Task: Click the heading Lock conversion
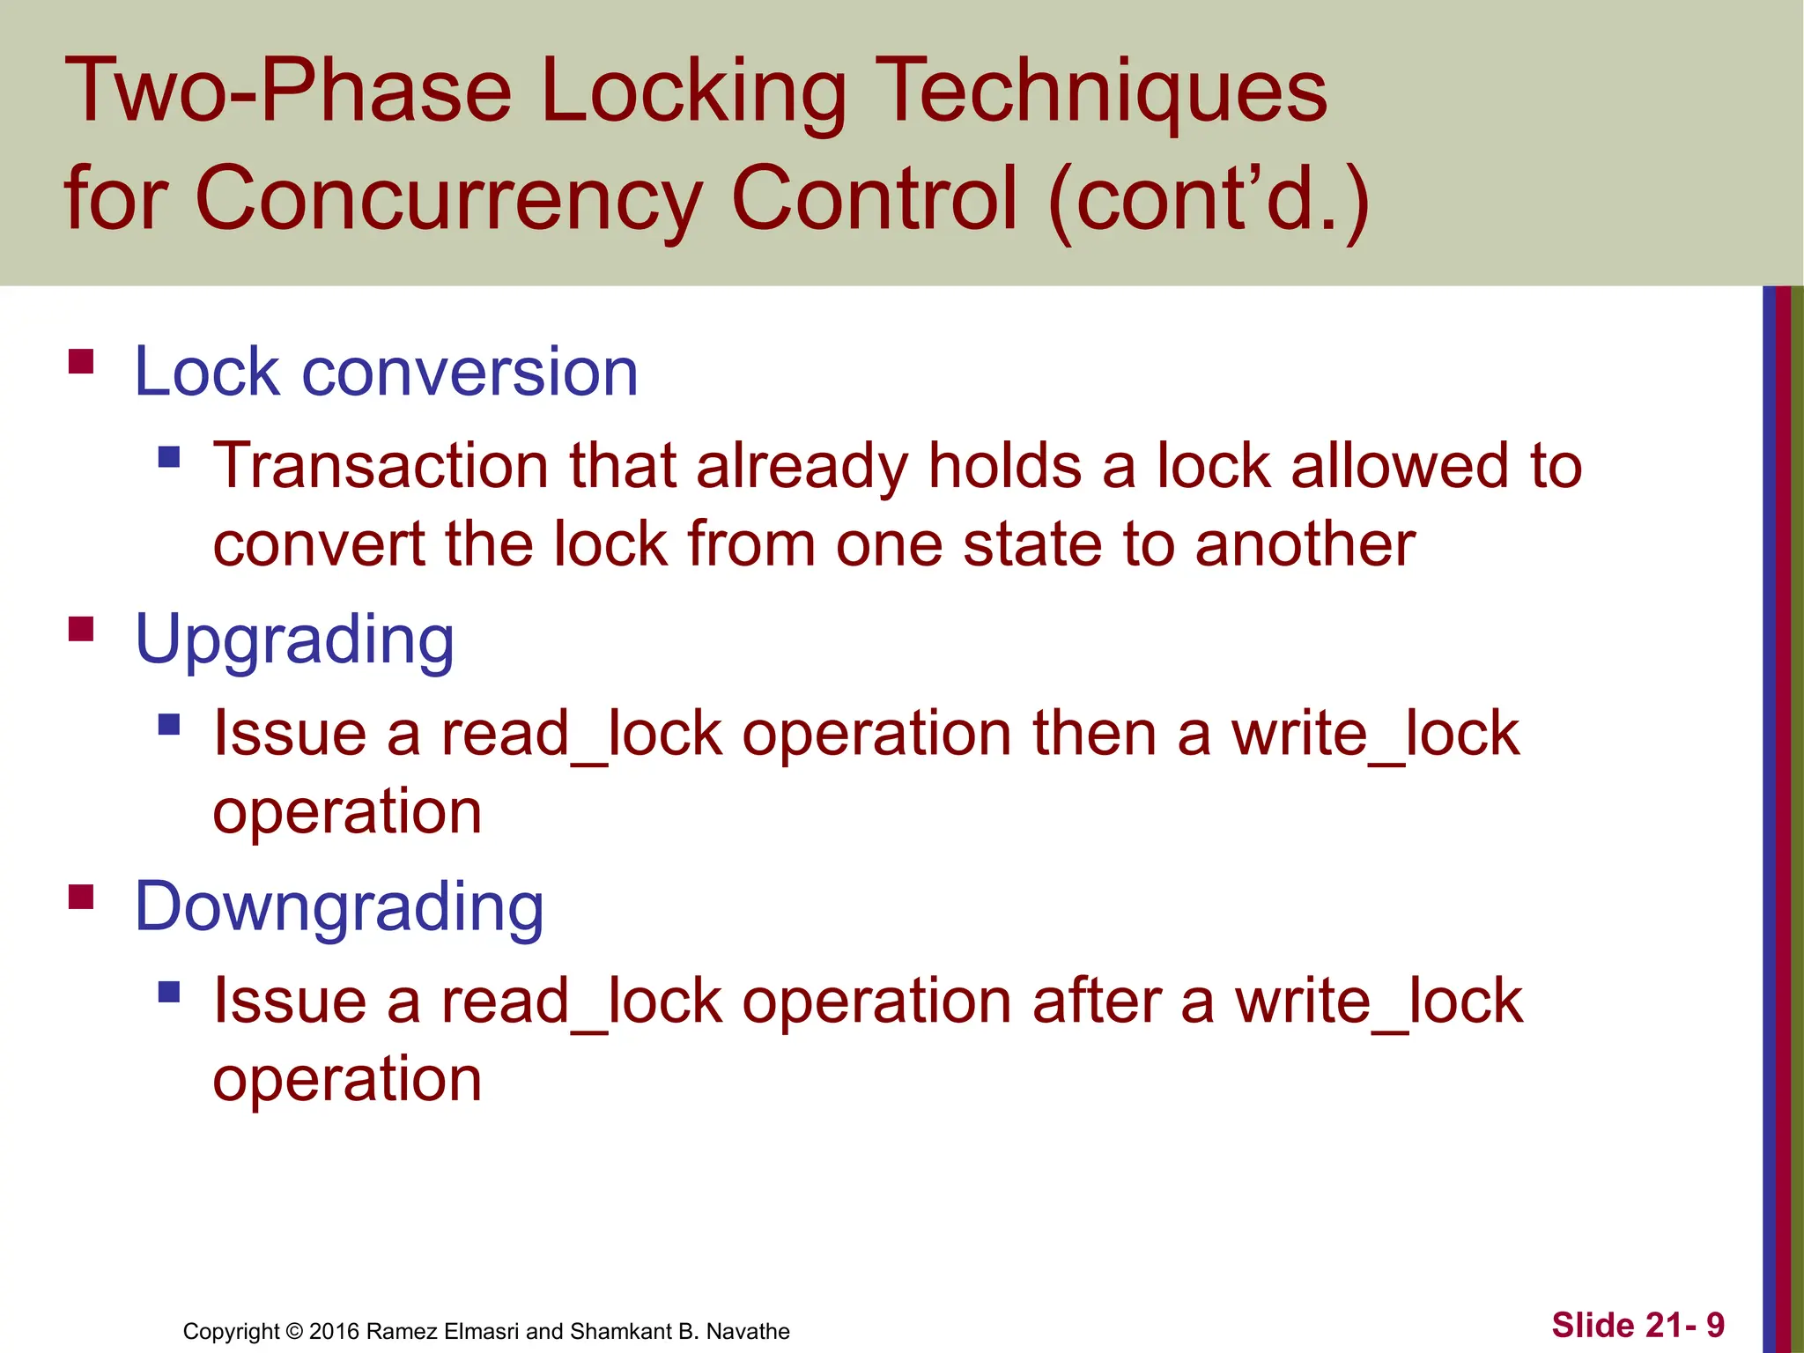(386, 372)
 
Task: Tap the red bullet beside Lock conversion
(81, 362)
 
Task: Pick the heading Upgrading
(294, 640)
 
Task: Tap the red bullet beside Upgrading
(81, 629)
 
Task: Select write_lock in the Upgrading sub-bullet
(1375, 733)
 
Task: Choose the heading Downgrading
(339, 907)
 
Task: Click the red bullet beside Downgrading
(81, 897)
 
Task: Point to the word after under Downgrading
(1097, 1002)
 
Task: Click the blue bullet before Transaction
(169, 456)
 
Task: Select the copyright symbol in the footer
(294, 1331)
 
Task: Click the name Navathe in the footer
(748, 1331)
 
